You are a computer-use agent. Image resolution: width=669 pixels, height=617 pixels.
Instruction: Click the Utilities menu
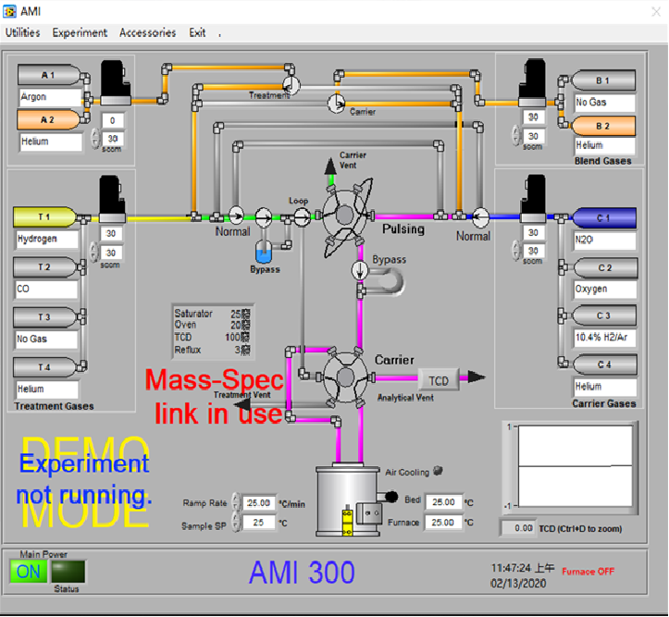23,32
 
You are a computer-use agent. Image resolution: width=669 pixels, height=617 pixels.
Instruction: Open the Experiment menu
80,32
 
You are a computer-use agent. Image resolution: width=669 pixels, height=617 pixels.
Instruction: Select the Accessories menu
147,32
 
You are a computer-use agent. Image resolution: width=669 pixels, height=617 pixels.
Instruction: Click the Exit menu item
197,32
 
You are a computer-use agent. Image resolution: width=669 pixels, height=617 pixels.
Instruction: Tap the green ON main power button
29,571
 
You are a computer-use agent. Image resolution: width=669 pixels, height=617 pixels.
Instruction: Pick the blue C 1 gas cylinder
604,218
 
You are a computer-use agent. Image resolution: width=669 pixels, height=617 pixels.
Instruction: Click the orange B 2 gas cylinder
603,126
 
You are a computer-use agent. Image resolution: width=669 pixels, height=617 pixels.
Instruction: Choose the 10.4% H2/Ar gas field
604,338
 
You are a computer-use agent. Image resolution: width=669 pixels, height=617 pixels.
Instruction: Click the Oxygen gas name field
604,289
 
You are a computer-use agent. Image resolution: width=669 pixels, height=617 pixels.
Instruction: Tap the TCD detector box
439,379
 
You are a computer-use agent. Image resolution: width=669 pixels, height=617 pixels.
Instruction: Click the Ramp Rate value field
261,502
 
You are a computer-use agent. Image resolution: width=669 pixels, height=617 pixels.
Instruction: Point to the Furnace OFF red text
588,572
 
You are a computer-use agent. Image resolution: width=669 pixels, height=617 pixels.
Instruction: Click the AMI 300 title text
302,573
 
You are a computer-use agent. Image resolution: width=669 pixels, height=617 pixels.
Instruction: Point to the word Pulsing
403,228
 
